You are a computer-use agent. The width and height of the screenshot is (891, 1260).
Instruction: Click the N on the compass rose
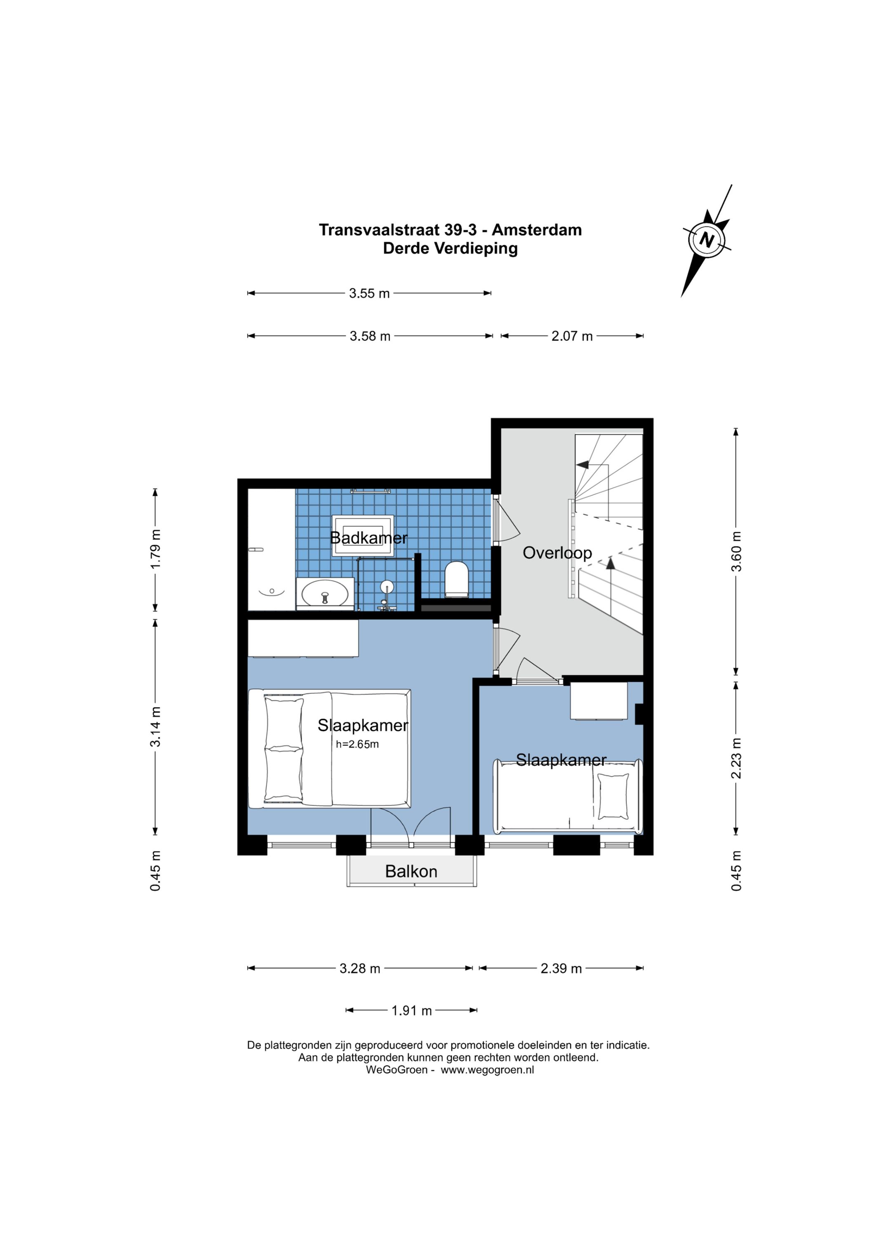tap(707, 240)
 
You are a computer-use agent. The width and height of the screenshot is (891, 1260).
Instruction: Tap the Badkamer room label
tap(369, 538)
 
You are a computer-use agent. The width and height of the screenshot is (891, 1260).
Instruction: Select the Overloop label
tap(557, 553)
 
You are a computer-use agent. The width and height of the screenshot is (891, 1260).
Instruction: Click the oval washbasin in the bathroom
tap(325, 593)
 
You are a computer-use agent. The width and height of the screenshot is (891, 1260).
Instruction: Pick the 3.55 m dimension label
tap(369, 293)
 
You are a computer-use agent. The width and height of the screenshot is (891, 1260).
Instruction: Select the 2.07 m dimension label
tap(572, 336)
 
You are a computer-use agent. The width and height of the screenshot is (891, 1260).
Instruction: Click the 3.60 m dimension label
tap(736, 551)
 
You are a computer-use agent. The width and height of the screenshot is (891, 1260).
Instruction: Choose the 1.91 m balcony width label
tap(412, 1011)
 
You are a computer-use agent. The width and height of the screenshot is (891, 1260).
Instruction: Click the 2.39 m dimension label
tap(561, 969)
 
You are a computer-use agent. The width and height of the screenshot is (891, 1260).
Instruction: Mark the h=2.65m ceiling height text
tap(357, 745)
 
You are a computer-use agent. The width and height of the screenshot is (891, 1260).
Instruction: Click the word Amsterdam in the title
tap(537, 230)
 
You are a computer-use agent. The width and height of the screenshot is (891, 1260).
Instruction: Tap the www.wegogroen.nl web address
tap(487, 1070)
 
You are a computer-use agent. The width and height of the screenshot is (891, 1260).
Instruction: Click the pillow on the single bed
tap(613, 796)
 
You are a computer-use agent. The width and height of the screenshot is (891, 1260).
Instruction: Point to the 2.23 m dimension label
tap(736, 759)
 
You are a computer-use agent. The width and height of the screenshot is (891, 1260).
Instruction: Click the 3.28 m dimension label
tap(360, 969)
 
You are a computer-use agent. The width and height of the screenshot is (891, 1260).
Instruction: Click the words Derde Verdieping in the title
tap(450, 248)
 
